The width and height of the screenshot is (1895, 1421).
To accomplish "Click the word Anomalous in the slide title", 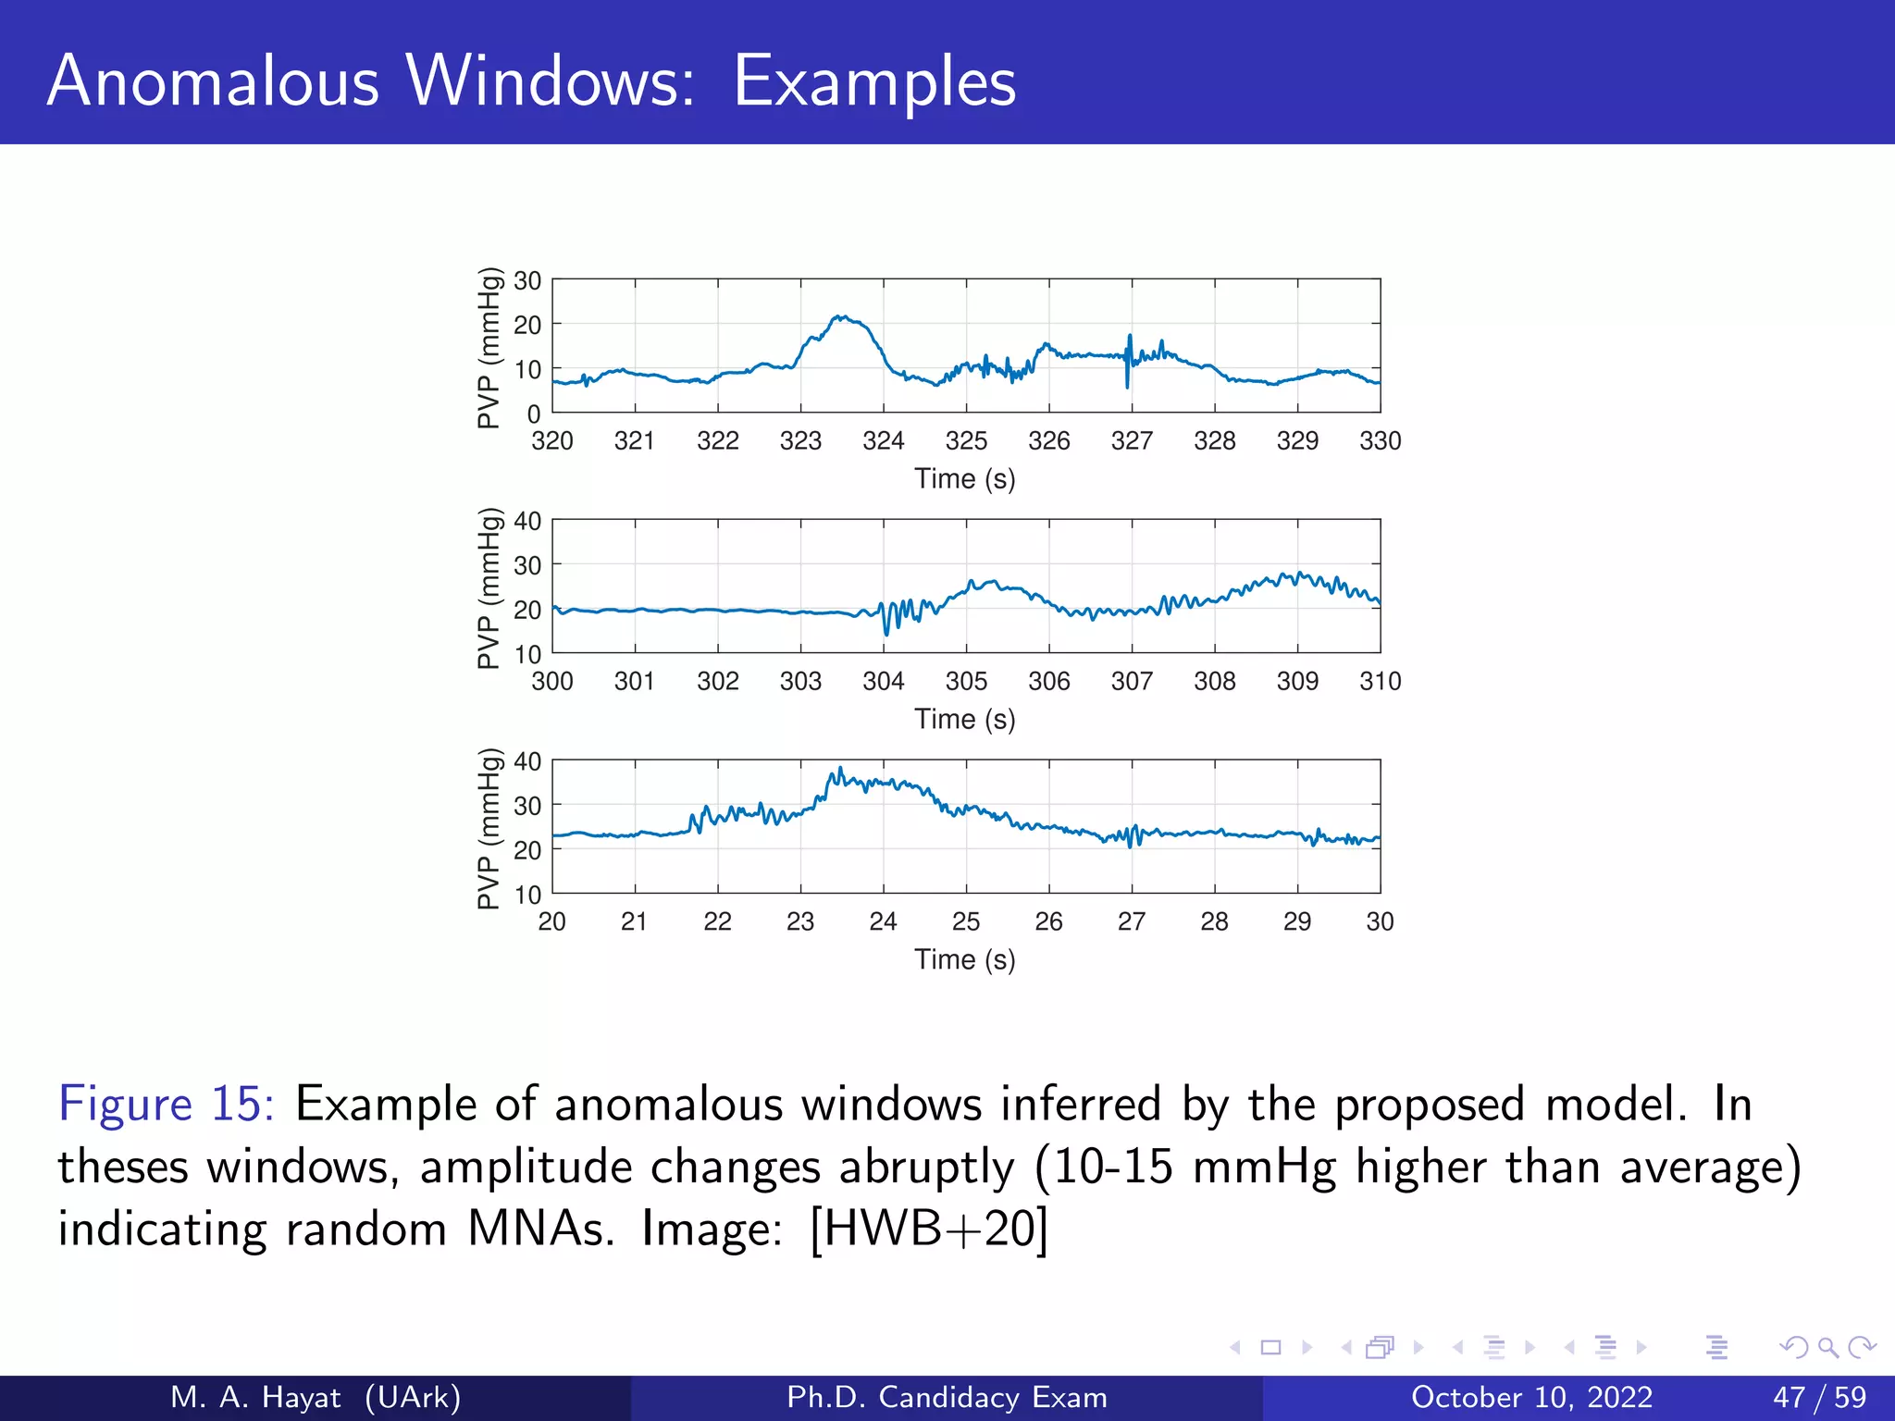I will [x=213, y=81].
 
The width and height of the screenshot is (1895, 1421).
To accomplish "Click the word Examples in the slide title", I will [x=874, y=83].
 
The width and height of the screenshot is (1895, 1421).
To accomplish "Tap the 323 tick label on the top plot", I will [x=800, y=441].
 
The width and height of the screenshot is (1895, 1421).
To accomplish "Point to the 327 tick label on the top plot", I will [x=1132, y=441].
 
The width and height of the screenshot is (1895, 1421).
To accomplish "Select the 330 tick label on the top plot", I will [x=1380, y=441].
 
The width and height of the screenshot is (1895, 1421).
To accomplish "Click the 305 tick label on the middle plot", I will [x=966, y=682].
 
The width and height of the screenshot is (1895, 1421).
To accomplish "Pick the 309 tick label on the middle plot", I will [x=1297, y=682].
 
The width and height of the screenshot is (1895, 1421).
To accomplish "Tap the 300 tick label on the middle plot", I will [x=552, y=682].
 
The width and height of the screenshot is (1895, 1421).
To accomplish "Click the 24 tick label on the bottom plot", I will [x=883, y=921].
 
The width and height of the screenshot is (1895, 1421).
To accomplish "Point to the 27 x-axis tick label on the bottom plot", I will [x=1132, y=921].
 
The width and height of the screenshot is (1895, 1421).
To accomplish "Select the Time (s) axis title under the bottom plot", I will [x=965, y=959].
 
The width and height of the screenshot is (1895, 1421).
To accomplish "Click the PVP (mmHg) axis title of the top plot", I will [x=489, y=348].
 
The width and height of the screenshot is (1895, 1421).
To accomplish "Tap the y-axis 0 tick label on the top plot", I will [x=534, y=414].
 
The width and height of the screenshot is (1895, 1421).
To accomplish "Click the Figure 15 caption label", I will [x=166, y=1104].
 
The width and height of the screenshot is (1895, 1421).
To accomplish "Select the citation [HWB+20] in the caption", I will [x=929, y=1229].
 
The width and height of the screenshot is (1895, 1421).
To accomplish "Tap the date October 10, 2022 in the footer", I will [x=1531, y=1397].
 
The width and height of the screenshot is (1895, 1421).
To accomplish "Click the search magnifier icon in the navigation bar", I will [x=1827, y=1347].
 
